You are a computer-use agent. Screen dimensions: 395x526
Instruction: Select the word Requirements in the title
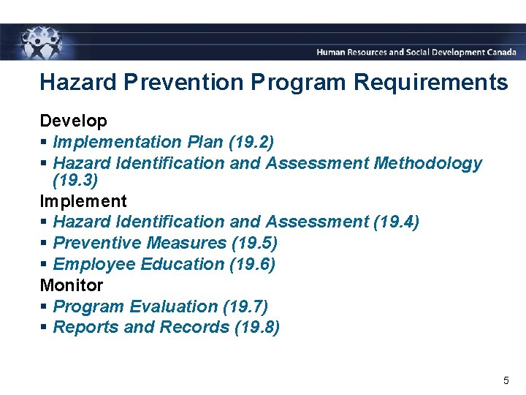[430, 82]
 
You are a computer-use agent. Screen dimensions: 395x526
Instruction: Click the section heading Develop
[73, 121]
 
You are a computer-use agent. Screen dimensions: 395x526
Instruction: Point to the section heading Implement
[83, 201]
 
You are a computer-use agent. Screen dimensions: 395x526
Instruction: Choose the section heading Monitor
[71, 285]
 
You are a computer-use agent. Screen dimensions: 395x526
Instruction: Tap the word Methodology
[427, 163]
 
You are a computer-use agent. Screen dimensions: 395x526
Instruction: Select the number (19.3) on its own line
[75, 180]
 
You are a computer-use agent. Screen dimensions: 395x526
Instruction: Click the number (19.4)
[395, 222]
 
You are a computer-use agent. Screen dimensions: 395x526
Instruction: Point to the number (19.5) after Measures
[254, 243]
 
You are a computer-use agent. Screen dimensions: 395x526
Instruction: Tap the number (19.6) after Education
[252, 264]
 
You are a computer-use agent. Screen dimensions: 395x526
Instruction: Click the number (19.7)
[244, 306]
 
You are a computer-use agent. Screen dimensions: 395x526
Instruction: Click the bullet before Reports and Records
[44, 328]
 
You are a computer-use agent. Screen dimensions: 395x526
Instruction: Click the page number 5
[506, 380]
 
